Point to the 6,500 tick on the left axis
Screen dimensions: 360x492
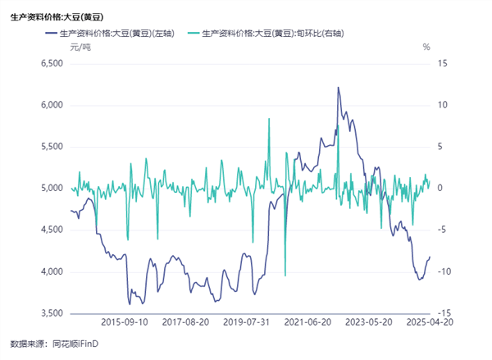[x=51, y=63]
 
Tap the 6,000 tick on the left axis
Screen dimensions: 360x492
[x=51, y=105]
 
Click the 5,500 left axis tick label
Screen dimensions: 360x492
[x=51, y=147]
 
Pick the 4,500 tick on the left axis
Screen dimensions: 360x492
[x=51, y=230]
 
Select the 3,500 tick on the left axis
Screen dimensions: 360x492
[x=51, y=314]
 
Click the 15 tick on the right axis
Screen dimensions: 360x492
[x=444, y=63]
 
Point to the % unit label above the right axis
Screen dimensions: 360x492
[x=426, y=48]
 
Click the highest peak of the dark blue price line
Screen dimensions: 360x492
[x=338, y=87]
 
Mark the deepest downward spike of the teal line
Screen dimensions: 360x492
[x=285, y=276]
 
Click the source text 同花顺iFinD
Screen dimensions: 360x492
[x=75, y=344]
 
